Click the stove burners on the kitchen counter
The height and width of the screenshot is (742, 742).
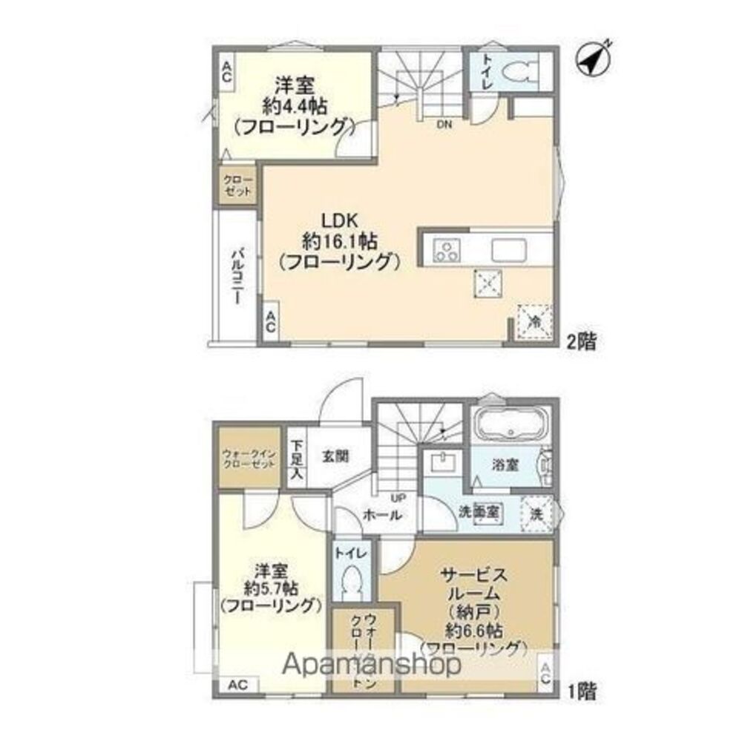click(447, 249)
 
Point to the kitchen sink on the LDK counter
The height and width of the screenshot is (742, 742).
click(508, 248)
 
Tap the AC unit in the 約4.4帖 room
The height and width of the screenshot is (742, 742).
click(226, 71)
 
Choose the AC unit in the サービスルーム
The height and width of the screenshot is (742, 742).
click(545, 674)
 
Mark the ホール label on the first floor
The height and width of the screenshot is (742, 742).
click(382, 514)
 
